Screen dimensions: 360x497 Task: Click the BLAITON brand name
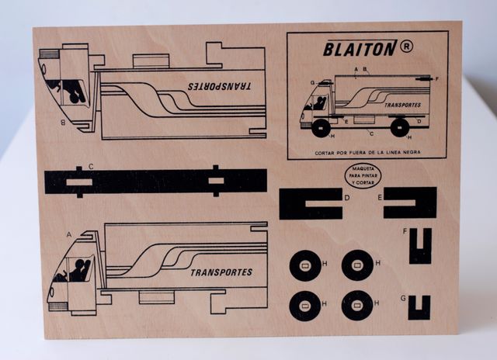(360, 48)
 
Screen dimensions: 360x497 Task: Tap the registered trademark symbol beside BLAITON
(407, 47)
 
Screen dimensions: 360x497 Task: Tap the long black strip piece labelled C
(155, 182)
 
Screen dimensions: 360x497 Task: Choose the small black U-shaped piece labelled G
(420, 307)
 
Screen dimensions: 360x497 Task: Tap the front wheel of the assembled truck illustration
(320, 126)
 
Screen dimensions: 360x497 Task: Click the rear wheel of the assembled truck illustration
(400, 126)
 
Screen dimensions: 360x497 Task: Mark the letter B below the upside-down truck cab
(62, 122)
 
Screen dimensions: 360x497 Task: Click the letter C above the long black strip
(91, 166)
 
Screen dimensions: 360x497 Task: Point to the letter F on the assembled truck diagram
(437, 78)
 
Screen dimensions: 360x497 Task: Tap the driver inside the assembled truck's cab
(318, 102)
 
